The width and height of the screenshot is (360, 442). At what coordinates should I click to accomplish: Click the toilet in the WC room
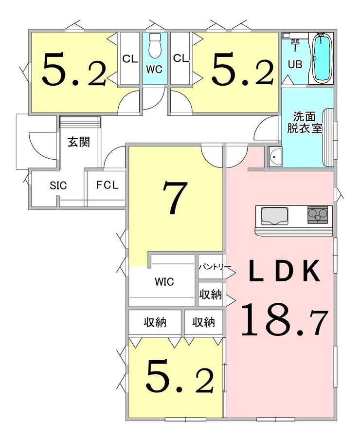(x=154, y=45)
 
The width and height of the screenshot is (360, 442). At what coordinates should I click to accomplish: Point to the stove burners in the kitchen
(x=318, y=215)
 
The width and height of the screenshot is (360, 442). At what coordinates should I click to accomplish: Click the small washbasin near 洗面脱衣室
(x=275, y=157)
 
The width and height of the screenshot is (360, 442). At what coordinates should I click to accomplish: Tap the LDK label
(x=285, y=271)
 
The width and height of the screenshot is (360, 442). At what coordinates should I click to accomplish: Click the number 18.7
(x=285, y=320)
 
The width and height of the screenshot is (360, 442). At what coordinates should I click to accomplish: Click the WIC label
(x=164, y=282)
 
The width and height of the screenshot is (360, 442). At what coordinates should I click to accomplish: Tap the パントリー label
(x=215, y=267)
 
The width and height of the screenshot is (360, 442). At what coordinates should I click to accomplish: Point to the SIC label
(x=58, y=185)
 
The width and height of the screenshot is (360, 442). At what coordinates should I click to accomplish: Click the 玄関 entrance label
(x=79, y=142)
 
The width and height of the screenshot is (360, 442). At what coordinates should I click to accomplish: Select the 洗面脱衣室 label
(x=305, y=122)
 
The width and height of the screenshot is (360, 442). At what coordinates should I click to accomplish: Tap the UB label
(x=295, y=64)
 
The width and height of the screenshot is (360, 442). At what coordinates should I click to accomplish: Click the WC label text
(x=154, y=69)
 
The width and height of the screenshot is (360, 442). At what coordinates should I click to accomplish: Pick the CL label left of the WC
(x=130, y=59)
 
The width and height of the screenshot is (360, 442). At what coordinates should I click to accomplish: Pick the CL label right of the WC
(x=180, y=58)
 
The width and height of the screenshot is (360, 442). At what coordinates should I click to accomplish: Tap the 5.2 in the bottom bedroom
(x=179, y=376)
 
